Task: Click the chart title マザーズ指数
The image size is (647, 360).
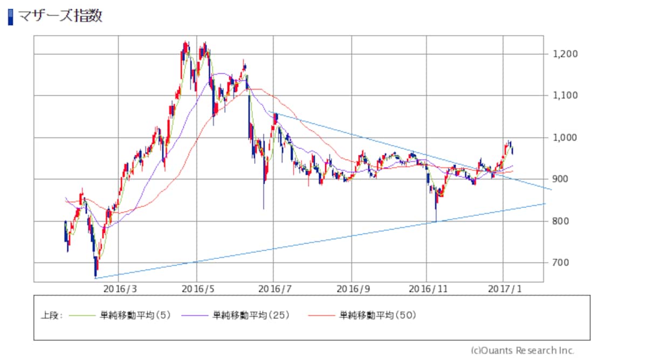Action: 60,16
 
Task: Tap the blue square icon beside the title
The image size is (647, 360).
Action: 11,17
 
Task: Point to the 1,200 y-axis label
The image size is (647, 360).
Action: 565,54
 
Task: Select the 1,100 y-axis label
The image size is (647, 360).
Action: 565,95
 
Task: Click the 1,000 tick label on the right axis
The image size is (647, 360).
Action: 565,137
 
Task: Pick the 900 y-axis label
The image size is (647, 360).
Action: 560,179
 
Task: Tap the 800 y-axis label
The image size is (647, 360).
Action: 560,221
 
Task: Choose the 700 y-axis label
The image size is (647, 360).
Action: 560,262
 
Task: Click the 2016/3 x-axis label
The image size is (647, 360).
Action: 120,289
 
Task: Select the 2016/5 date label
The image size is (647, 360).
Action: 198,289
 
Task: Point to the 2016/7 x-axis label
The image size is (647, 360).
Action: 274,289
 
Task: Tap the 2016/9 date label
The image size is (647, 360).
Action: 353,289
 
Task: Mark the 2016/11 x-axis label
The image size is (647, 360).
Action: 428,289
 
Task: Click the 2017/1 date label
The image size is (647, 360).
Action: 505,289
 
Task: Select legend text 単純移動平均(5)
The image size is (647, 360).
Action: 135,315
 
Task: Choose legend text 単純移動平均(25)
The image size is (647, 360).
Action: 251,315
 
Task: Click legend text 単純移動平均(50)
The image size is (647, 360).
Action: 378,315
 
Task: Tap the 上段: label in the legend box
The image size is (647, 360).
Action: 52,316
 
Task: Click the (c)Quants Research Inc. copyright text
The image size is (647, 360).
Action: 522,350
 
